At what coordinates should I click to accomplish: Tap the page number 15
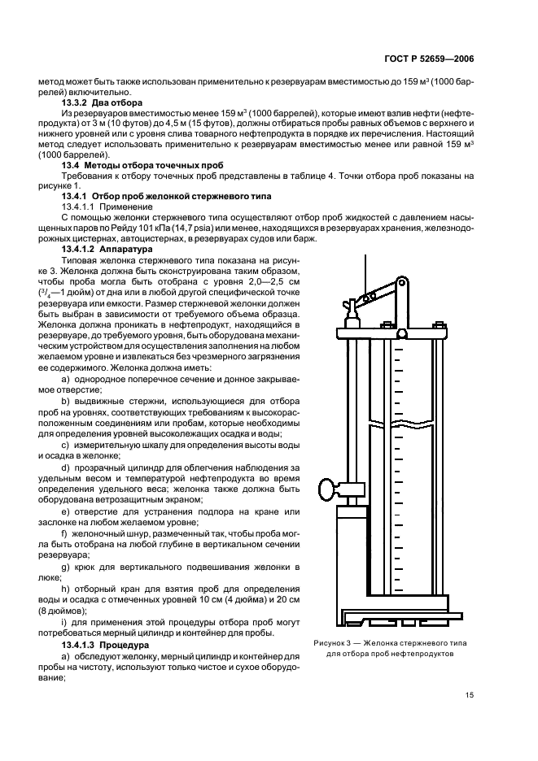(x=470, y=695)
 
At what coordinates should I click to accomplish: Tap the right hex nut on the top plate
(x=440, y=324)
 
